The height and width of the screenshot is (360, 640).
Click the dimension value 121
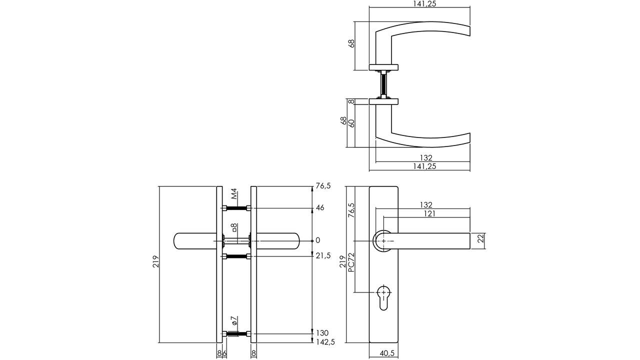tap(429, 213)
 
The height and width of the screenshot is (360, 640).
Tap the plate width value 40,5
tap(387, 353)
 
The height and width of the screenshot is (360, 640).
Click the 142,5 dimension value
tap(325, 342)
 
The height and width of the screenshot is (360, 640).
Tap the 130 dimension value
tap(322, 333)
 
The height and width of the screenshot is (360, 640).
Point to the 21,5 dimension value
tap(324, 255)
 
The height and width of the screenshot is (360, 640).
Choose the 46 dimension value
tap(320, 207)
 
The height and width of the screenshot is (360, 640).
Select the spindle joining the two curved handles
tap(383, 85)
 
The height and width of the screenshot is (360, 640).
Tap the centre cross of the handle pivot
tap(383, 241)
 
